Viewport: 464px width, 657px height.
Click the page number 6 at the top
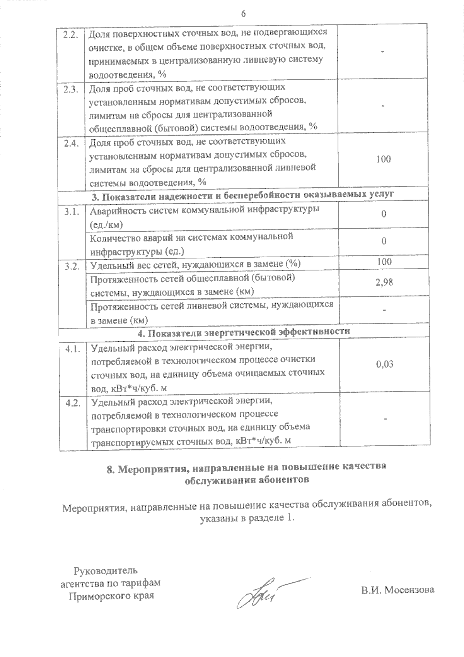[x=243, y=14]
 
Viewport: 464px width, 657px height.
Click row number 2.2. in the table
[x=71, y=34]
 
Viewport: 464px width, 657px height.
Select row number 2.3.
[x=71, y=89]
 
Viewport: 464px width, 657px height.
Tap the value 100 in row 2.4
[x=383, y=159]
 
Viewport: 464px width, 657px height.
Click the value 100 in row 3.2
[x=384, y=262]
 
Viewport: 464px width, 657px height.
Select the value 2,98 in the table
[x=384, y=282]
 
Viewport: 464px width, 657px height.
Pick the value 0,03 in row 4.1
[x=384, y=364]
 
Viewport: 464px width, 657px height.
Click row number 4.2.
[x=73, y=402]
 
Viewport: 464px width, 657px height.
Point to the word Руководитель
[x=105, y=570]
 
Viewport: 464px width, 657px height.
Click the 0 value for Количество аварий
[x=384, y=241]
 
